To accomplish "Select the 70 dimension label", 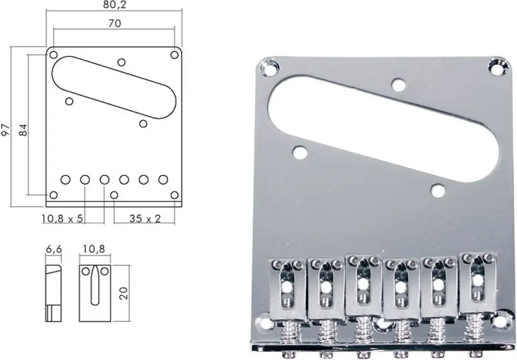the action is tap(114, 23).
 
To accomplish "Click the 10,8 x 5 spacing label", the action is tap(62, 218).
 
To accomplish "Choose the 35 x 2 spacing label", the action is tap(145, 218).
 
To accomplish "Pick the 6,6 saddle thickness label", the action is tap(54, 249).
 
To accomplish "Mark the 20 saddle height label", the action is tap(124, 293).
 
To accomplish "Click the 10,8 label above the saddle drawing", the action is tap(94, 249).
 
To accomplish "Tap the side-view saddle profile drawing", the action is tap(54, 293).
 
